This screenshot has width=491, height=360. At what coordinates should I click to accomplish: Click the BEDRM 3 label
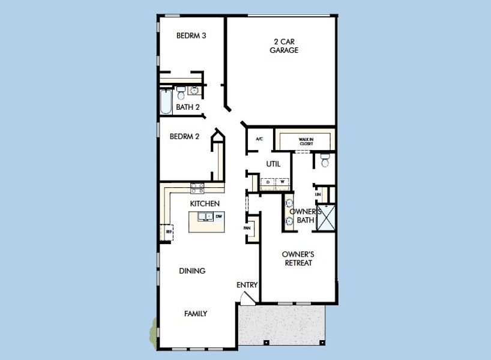(x=191, y=36)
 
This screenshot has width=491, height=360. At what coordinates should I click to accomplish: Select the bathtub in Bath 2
(x=166, y=101)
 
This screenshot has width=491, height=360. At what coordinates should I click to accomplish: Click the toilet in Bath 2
(x=181, y=92)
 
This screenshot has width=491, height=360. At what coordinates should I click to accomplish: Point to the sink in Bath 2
(x=194, y=91)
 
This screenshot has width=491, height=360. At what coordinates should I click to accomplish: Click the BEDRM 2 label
(x=184, y=137)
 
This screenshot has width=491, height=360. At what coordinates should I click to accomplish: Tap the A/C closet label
(x=259, y=139)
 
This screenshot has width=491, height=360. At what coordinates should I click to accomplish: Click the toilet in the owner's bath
(x=325, y=160)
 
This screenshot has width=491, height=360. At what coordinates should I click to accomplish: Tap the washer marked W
(x=282, y=182)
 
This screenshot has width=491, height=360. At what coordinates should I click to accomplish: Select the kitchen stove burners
(x=197, y=188)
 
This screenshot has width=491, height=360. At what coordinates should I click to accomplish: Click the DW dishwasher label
(x=219, y=216)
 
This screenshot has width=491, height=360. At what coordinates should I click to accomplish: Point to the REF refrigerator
(x=168, y=230)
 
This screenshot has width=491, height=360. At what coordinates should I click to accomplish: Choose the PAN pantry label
(x=247, y=229)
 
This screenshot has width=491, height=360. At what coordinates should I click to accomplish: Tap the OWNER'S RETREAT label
(x=298, y=259)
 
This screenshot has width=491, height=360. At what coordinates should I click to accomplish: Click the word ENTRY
(x=247, y=285)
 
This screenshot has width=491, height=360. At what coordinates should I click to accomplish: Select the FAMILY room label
(x=196, y=313)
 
